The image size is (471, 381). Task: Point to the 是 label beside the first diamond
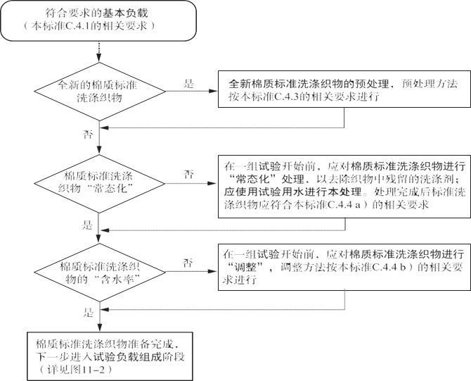tap(188, 84)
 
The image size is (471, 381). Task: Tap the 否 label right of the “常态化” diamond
tap(188, 173)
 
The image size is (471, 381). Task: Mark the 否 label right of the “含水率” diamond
tap(188, 262)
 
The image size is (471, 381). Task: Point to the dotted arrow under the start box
tap(100, 50)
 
